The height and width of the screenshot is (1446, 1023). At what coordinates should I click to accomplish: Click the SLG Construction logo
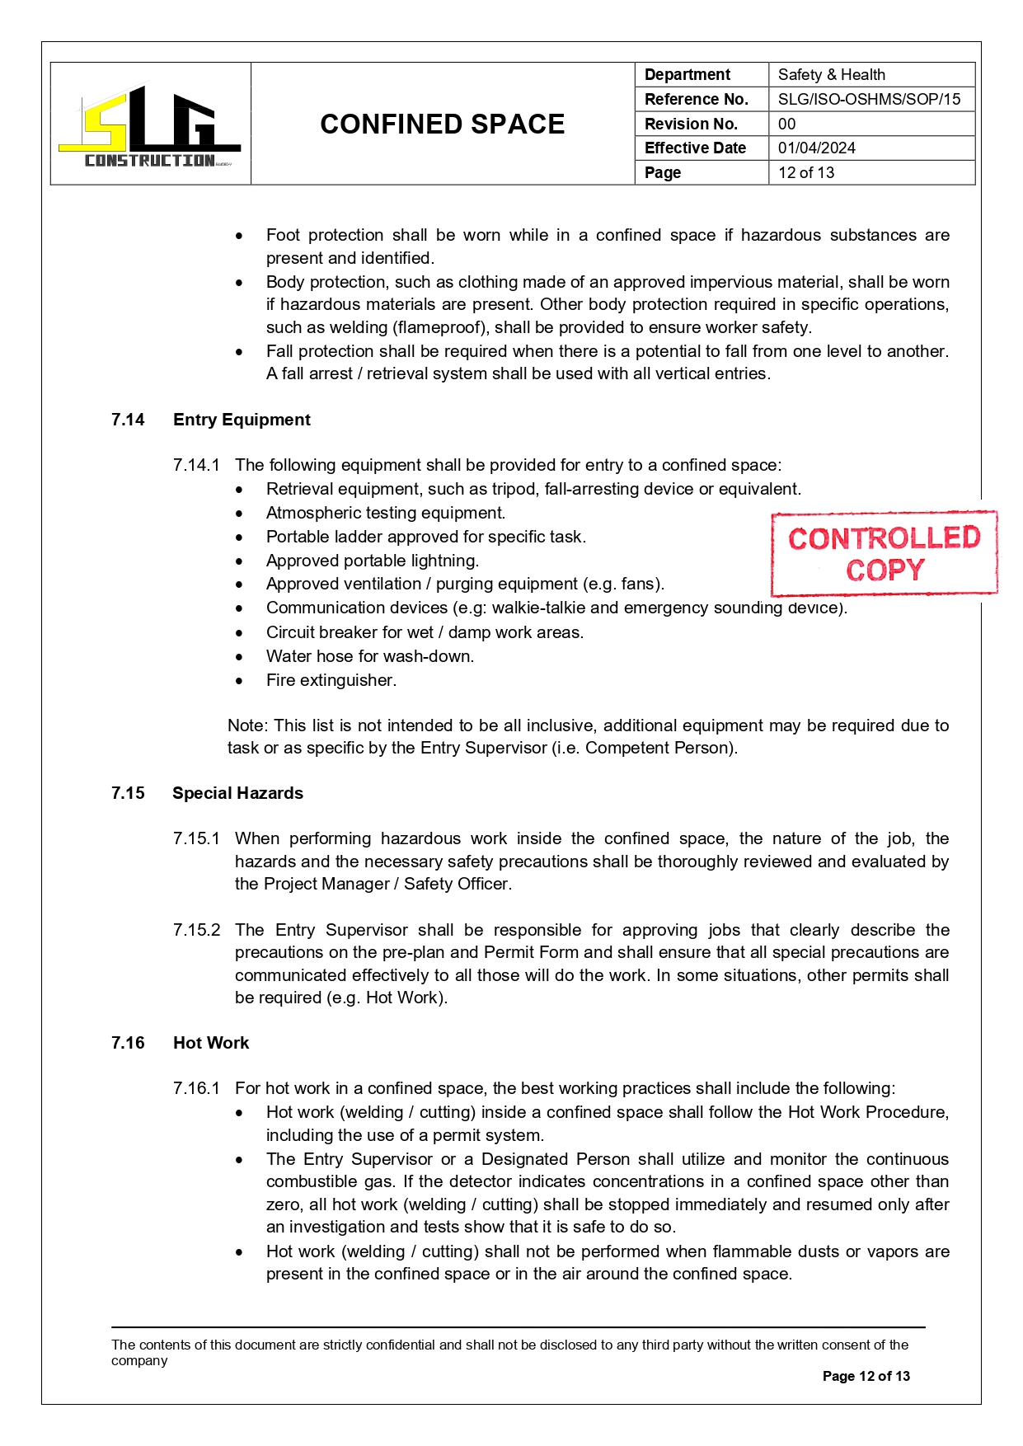pyautogui.click(x=150, y=125)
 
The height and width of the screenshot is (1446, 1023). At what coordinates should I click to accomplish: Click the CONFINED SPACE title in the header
pyautogui.click(x=442, y=124)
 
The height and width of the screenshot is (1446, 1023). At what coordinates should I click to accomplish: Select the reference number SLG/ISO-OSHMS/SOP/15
pyautogui.click(x=869, y=100)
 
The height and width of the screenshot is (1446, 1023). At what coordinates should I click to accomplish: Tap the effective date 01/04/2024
pyautogui.click(x=816, y=148)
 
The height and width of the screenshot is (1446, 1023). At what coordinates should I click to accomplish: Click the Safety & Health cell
pyautogui.click(x=831, y=75)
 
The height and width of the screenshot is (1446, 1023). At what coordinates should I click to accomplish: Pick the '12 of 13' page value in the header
pyautogui.click(x=805, y=173)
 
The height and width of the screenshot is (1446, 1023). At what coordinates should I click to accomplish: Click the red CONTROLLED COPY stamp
pyautogui.click(x=884, y=553)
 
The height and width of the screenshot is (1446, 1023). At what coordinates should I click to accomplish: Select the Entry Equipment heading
pyautogui.click(x=242, y=420)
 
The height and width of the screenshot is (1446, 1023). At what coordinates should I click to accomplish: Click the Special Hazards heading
pyautogui.click(x=237, y=793)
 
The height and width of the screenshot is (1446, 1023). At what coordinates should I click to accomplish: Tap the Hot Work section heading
pyautogui.click(x=211, y=1043)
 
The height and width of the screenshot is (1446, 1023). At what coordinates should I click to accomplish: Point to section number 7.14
pyautogui.click(x=128, y=420)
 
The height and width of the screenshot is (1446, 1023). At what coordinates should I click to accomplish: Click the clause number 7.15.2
pyautogui.click(x=196, y=930)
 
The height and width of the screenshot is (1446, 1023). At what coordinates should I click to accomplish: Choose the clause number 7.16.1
pyautogui.click(x=196, y=1088)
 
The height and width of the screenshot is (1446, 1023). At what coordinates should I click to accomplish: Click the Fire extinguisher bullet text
pyautogui.click(x=331, y=680)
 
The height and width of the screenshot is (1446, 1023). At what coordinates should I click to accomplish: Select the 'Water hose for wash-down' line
pyautogui.click(x=369, y=656)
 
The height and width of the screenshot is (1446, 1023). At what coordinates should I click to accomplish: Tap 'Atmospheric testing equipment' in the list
pyautogui.click(x=385, y=513)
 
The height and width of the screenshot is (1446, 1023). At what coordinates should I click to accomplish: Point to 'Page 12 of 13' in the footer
pyautogui.click(x=866, y=1376)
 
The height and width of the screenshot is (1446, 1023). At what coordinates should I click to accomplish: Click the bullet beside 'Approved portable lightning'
pyautogui.click(x=239, y=561)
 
